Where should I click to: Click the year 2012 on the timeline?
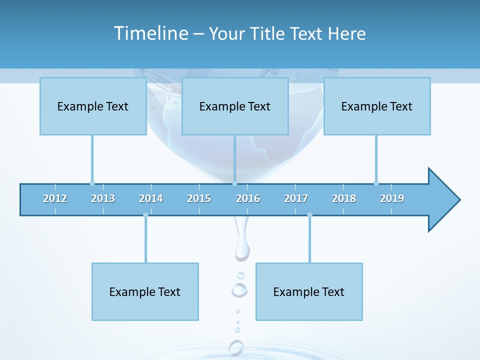tap(55, 198)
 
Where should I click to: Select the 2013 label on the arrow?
tap(103, 198)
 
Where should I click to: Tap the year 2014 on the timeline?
tap(151, 198)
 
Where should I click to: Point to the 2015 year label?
tap(199, 198)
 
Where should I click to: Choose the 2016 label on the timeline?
tap(248, 198)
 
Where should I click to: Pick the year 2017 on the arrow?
tap(296, 198)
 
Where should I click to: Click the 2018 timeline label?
tap(344, 198)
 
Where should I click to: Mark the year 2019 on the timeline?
tap(392, 198)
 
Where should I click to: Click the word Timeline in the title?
tap(150, 33)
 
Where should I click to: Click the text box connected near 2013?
tap(93, 106)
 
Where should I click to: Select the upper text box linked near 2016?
tap(235, 106)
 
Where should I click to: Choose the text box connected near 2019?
tap(377, 106)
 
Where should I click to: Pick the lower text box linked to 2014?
tap(145, 291)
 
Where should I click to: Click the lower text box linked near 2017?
tap(309, 291)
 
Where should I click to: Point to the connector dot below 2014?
tap(145, 215)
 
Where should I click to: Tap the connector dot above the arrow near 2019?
tap(376, 183)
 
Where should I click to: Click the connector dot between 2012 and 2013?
tap(92, 183)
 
